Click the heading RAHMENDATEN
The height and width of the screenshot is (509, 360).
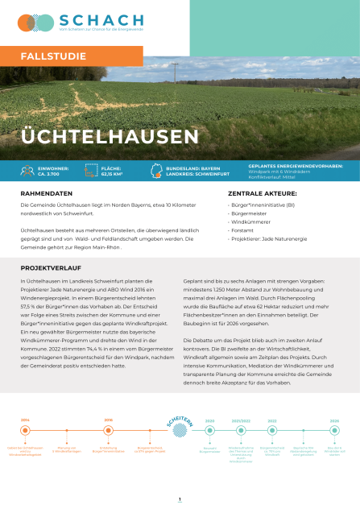tap(44, 194)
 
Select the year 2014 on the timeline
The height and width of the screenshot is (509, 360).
tap(25, 420)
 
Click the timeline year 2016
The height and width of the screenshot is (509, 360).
tap(108, 420)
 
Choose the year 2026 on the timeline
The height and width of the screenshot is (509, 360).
tap(334, 420)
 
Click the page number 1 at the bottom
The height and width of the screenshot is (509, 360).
tap(180, 499)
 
